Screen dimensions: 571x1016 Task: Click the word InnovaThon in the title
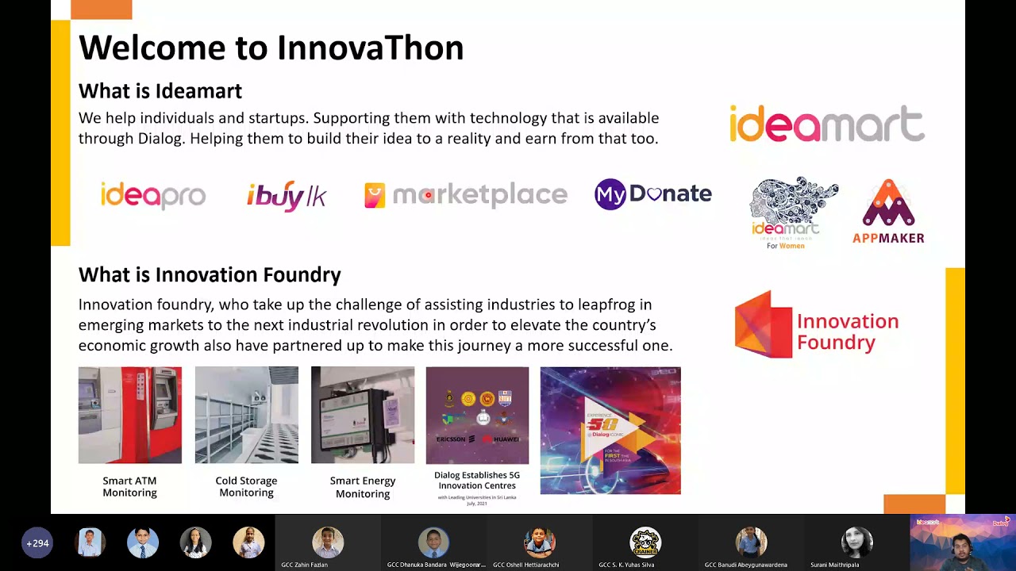[x=370, y=48]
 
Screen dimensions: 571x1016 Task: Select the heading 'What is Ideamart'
[x=160, y=91]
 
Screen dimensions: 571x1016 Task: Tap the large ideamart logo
[x=826, y=124]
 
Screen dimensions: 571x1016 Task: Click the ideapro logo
[x=153, y=195]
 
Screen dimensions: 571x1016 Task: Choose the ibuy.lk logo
[x=287, y=195]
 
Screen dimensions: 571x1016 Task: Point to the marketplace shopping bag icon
[x=375, y=195]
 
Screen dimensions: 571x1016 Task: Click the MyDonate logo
[x=652, y=194]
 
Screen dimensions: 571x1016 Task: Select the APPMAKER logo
[x=888, y=212]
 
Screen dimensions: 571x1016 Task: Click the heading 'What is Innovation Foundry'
[x=210, y=275]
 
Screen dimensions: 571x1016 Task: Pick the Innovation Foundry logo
[x=816, y=325]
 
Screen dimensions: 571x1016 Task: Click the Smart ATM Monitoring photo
[x=130, y=415]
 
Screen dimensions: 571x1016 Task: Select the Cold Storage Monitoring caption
[x=246, y=487]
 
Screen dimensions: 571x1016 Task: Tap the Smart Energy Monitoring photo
[x=363, y=415]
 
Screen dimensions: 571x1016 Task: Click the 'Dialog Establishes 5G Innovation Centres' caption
[x=476, y=481]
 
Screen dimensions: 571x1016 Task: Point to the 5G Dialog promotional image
[x=610, y=431]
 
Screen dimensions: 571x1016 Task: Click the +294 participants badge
[x=37, y=543]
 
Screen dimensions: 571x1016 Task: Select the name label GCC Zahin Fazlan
[x=304, y=565]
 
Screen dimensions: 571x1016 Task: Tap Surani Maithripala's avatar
[x=856, y=542]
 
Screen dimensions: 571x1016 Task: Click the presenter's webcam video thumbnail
[x=962, y=542]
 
